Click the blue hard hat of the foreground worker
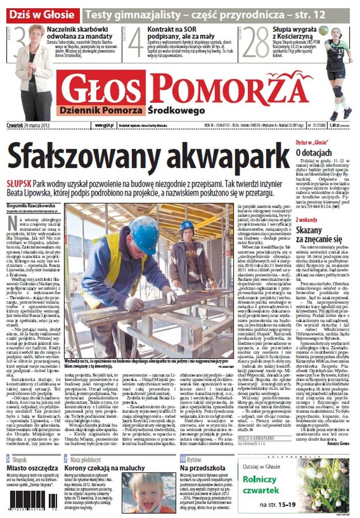145,233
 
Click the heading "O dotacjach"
314,153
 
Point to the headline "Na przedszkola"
200,469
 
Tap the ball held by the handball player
323,30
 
